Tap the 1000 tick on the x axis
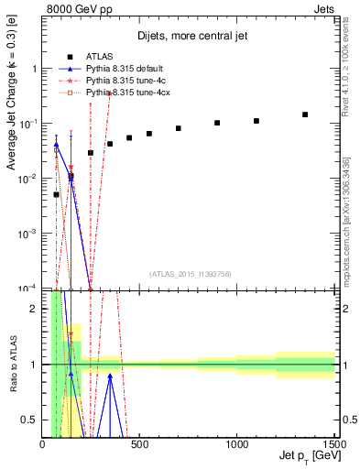pyautogui.click(x=237, y=443)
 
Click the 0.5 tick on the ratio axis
pyautogui.click(x=33, y=419)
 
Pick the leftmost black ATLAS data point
pyautogui.click(x=56, y=194)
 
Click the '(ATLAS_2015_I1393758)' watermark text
pyautogui.click(x=190, y=273)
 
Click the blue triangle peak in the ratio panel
pyautogui.click(x=110, y=375)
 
